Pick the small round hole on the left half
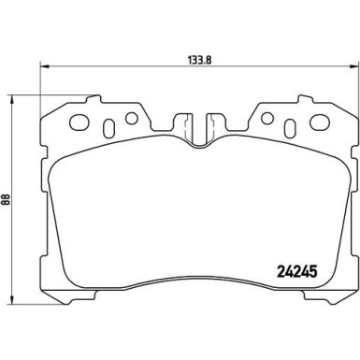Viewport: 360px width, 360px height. coord(131,119)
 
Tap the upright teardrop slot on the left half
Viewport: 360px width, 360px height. coord(110,125)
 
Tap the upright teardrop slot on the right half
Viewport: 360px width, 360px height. coord(289,125)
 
